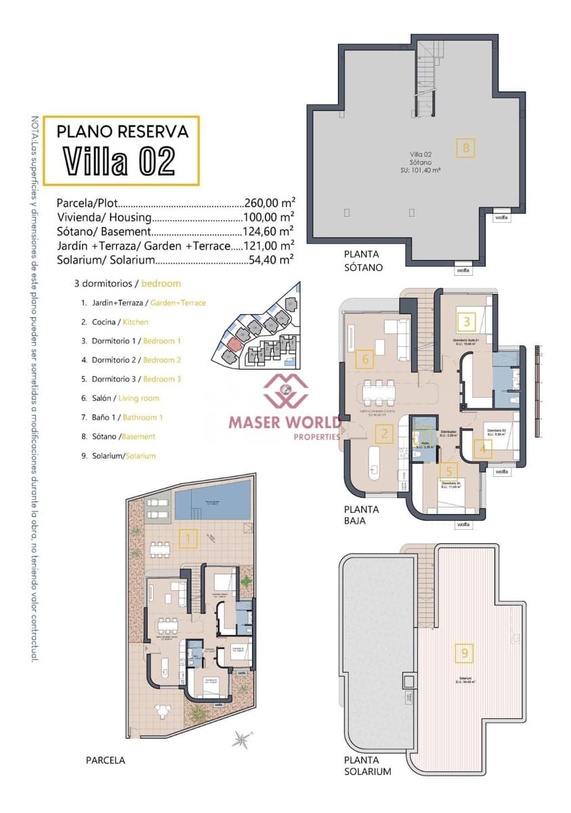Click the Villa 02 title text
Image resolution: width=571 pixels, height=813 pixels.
[x=120, y=161]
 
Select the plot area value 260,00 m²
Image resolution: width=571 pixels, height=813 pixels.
[x=269, y=203]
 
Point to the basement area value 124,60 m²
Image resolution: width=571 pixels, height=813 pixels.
[x=269, y=231]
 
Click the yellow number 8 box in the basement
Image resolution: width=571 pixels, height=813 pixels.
[x=465, y=148]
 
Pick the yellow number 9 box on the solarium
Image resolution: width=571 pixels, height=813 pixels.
[x=465, y=653]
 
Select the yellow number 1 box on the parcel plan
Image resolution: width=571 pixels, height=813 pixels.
[x=188, y=539]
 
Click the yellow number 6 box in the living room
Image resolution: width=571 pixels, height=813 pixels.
[x=365, y=359]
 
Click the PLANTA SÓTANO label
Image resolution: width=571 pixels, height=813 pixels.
[x=363, y=261]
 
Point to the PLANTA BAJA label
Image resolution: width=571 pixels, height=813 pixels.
[x=361, y=515]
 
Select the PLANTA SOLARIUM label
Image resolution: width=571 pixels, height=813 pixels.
[x=367, y=766]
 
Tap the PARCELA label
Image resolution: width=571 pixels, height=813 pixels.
[x=106, y=760]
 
